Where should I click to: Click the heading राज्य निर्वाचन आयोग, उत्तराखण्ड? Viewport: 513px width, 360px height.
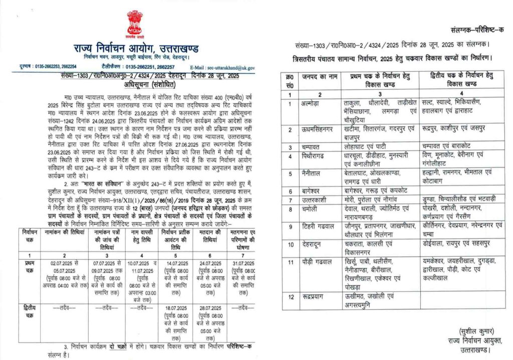point(134,49)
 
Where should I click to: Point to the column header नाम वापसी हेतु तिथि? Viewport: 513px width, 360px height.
point(139,236)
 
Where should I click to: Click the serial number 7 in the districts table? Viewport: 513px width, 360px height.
point(290,200)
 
